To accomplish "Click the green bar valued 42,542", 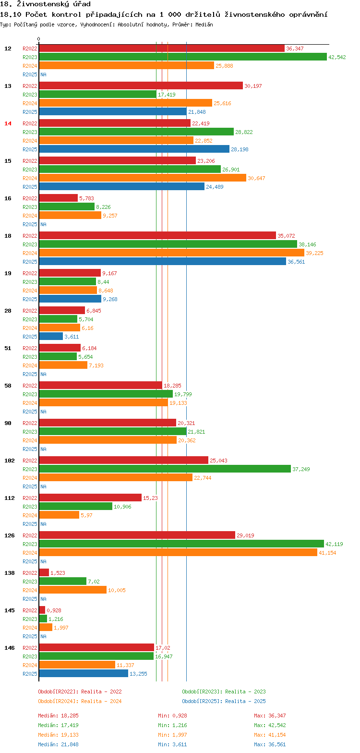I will coord(182,57).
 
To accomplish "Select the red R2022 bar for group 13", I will coord(141,86).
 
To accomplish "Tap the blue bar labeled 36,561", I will coord(162,262).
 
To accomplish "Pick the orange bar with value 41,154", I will coord(178,553).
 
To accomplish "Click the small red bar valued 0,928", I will coord(42,610).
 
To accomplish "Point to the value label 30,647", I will coord(256,178).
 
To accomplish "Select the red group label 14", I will coord(8,123).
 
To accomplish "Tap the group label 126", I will coord(10,535).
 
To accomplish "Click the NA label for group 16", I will coord(43,224).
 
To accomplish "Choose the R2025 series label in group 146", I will coord(30,674).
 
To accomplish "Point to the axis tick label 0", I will coord(39,39).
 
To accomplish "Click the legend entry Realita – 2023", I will coord(224,692).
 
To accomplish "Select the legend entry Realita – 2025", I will coord(224,701).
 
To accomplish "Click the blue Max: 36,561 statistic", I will coord(270,744).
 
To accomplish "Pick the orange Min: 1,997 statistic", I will coord(172,735).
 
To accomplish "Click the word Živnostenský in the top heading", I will coord(42,4).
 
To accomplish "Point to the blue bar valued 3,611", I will coord(51,337).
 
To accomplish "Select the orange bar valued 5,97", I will coord(59,515).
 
